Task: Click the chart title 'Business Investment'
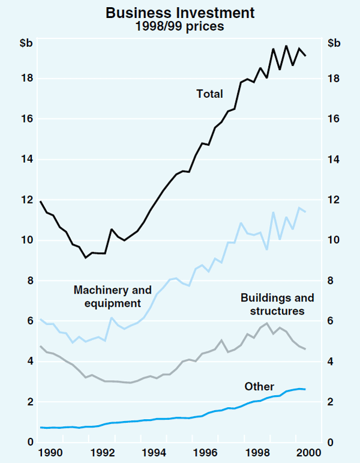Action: pyautogui.click(x=180, y=13)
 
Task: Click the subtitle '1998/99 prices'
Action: pyautogui.click(x=180, y=26)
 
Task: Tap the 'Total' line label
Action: pyautogui.click(x=209, y=94)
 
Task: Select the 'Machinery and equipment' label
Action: pyautogui.click(x=113, y=297)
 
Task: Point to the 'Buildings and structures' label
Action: pyautogui.click(x=277, y=304)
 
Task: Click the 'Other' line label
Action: pyautogui.click(x=259, y=386)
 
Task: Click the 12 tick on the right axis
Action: pyautogui.click(x=333, y=200)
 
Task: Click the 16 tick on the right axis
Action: pyautogui.click(x=333, y=119)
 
